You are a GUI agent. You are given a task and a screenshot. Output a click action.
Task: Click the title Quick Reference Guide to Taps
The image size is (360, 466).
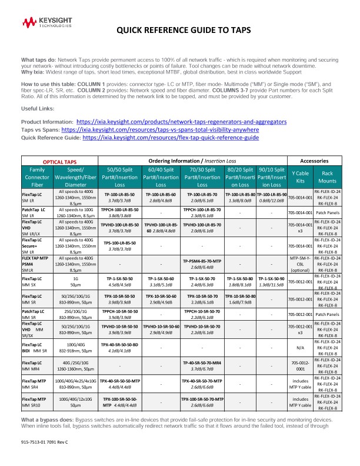click(x=184, y=31)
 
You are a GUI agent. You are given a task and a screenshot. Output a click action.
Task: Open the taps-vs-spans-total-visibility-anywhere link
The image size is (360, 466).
click(x=159, y=129)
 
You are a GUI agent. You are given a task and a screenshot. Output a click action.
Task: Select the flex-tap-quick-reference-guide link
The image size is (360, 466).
click(x=171, y=137)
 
